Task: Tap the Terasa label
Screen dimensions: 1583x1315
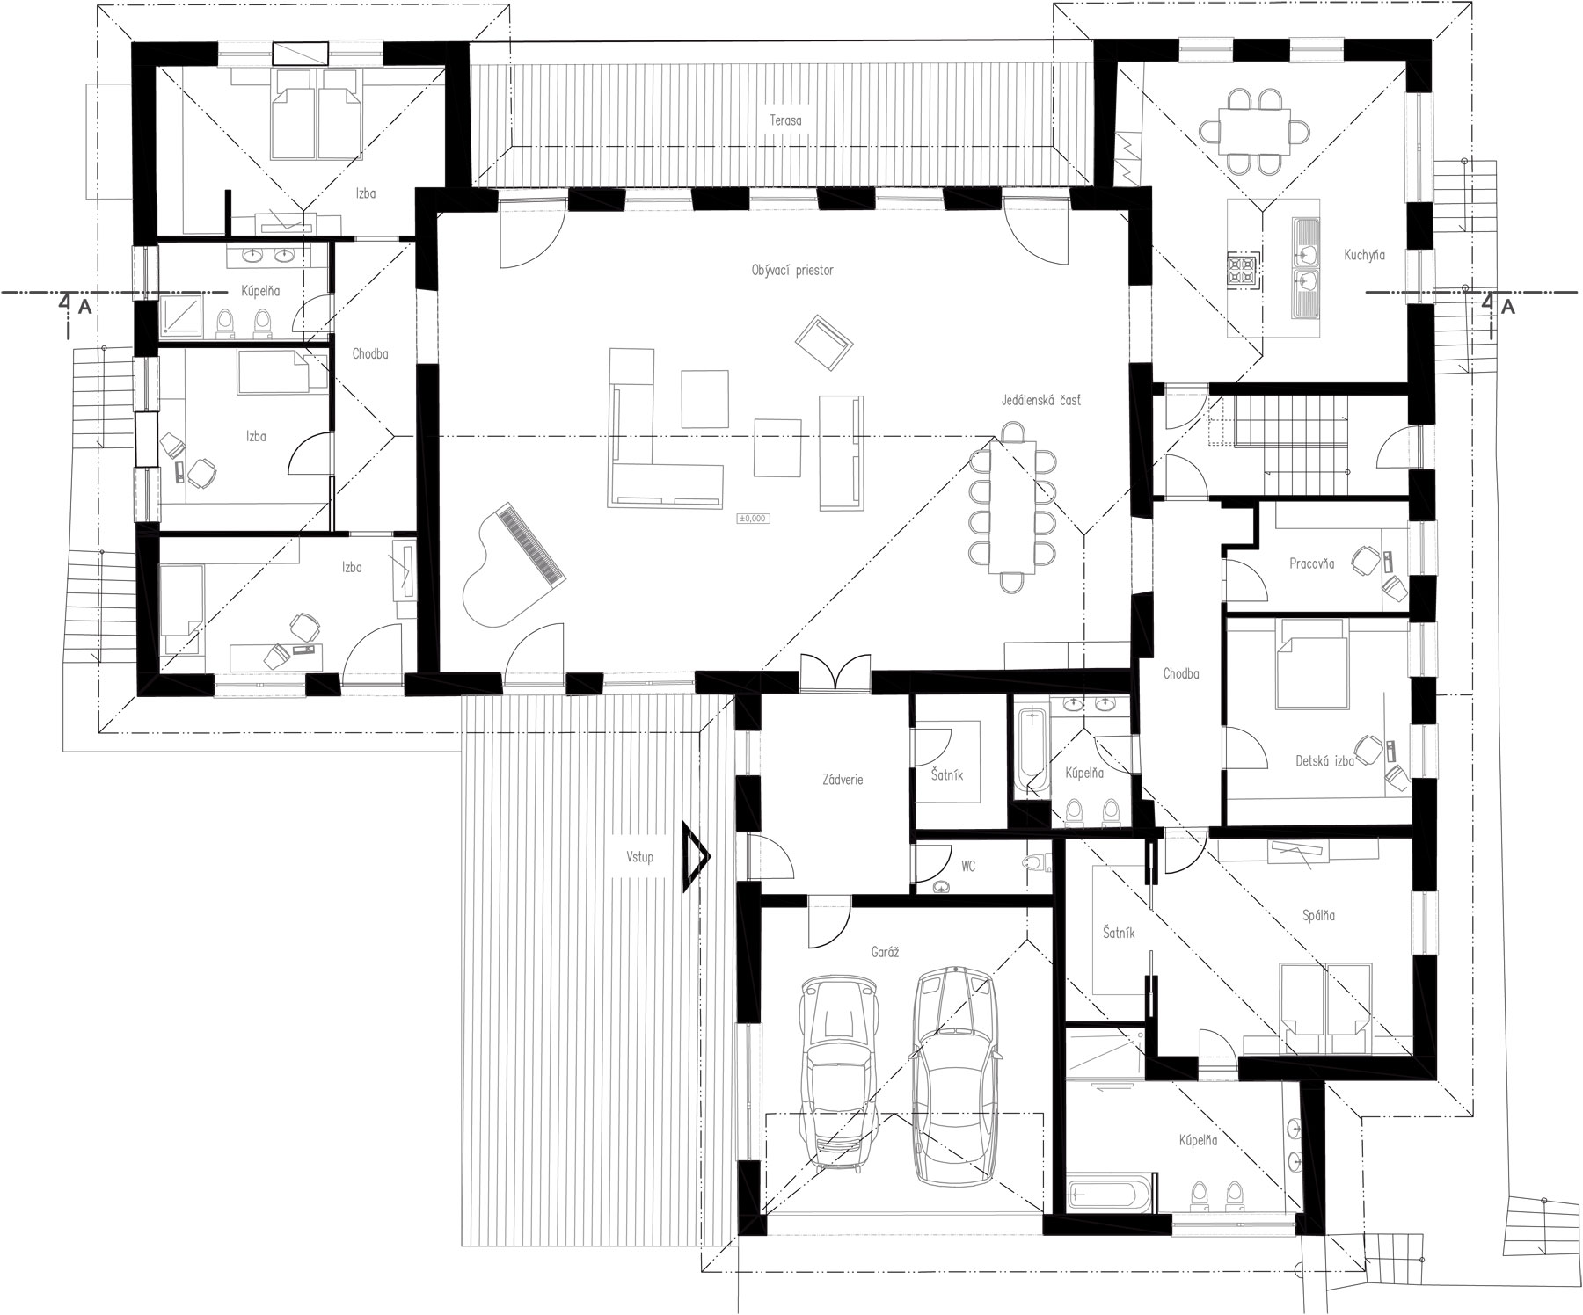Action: point(783,120)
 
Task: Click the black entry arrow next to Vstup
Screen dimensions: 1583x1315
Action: point(695,856)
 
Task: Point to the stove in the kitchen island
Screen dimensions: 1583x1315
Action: point(1244,270)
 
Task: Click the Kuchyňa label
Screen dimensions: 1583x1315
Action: point(1364,255)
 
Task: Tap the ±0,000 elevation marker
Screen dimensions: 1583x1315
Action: point(753,519)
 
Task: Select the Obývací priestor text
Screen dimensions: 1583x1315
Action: point(792,271)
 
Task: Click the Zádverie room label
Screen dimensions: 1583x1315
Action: point(843,779)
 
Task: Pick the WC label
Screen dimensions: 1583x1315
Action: point(968,867)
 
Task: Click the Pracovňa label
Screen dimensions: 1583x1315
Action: point(1311,564)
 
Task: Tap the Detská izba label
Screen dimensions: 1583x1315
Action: point(1324,761)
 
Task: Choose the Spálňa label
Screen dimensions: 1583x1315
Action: point(1318,916)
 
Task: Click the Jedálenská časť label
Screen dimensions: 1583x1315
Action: point(1040,400)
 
